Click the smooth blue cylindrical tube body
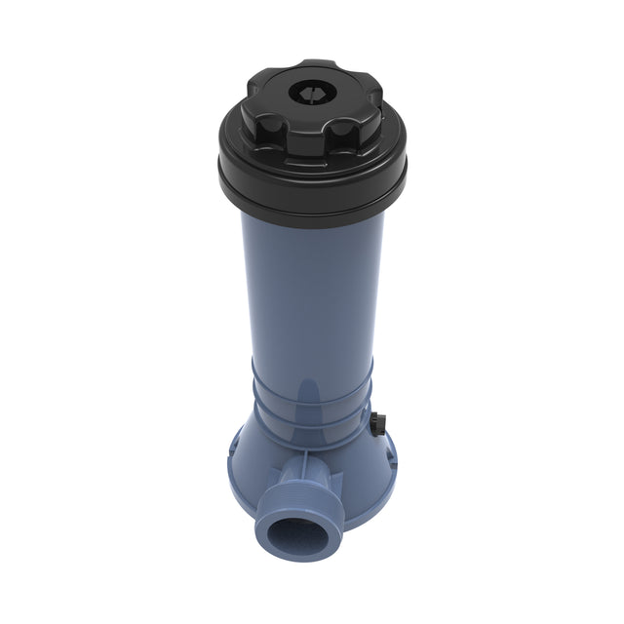pos(312,292)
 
